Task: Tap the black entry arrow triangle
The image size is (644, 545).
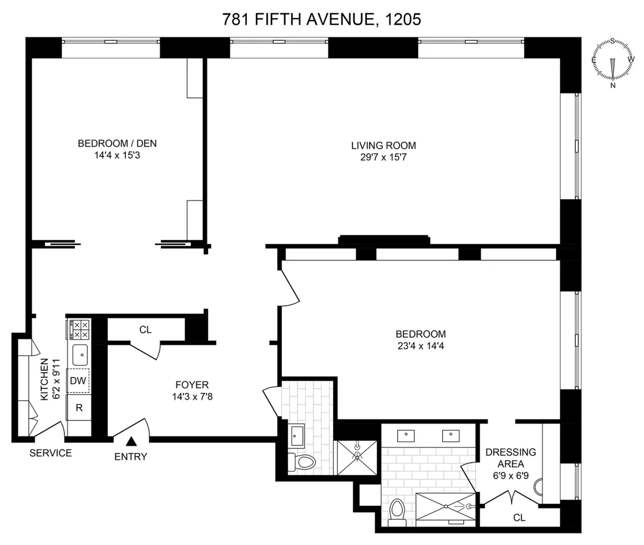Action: pyautogui.click(x=130, y=442)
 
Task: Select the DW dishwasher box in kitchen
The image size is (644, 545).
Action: pyautogui.click(x=78, y=381)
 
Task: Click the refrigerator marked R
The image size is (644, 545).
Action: pyautogui.click(x=78, y=408)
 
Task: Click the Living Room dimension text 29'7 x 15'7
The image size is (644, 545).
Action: pyautogui.click(x=383, y=157)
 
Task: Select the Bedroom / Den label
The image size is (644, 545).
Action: pyautogui.click(x=117, y=143)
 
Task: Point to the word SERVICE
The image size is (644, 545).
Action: pyautogui.click(x=50, y=453)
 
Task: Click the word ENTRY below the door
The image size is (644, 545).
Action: pyautogui.click(x=130, y=457)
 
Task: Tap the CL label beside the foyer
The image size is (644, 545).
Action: pyautogui.click(x=145, y=330)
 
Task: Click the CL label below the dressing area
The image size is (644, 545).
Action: pyautogui.click(x=518, y=518)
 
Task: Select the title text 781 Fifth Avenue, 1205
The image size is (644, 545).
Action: pyautogui.click(x=321, y=20)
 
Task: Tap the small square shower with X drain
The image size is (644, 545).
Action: pyautogui.click(x=357, y=458)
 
